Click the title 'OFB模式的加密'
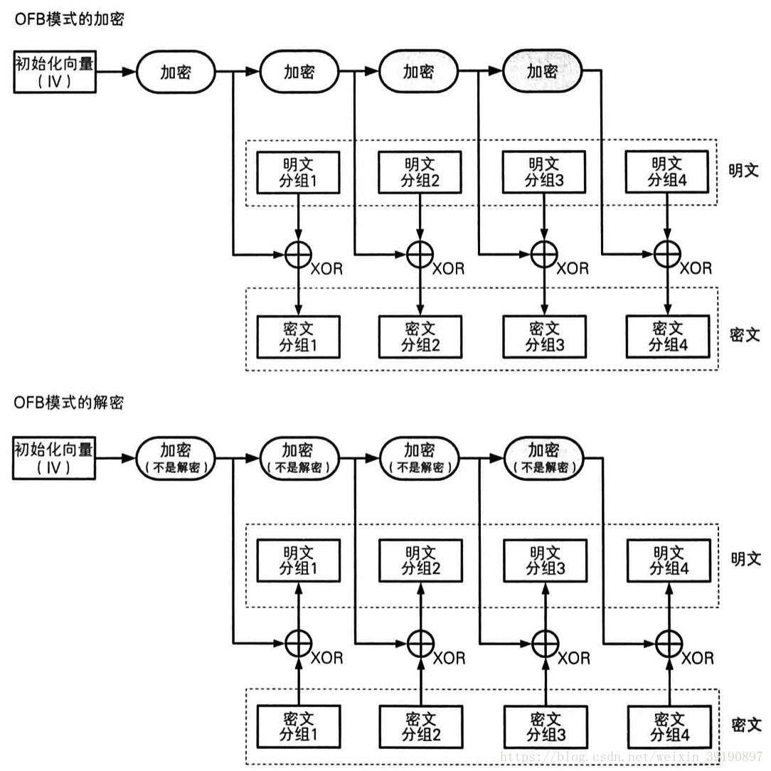point(70,19)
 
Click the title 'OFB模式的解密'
point(69,403)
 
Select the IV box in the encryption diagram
point(54,72)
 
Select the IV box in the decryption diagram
point(54,458)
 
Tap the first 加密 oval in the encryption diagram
point(176,72)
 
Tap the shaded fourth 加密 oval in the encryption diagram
point(543,71)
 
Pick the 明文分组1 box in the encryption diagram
point(298,173)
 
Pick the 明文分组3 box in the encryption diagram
point(544,172)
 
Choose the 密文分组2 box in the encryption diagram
point(420,336)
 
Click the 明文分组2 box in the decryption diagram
point(420,560)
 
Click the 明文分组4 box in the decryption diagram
point(667,560)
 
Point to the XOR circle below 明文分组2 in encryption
point(420,253)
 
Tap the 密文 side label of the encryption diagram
point(745,335)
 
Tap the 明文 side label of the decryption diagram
point(745,559)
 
